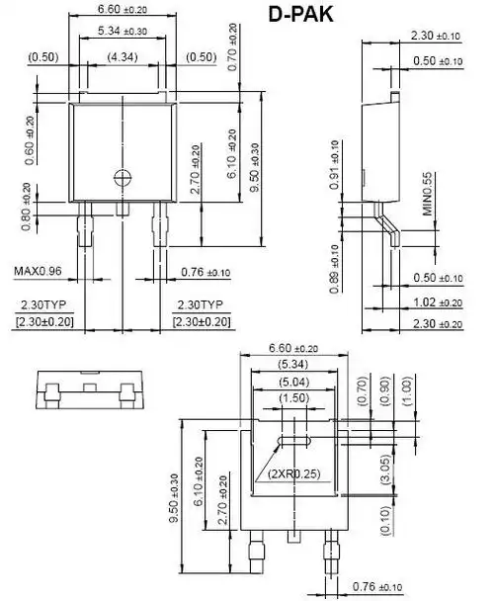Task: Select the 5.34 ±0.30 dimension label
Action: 123,33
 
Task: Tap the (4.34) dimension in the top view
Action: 123,57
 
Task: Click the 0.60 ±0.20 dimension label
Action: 30,138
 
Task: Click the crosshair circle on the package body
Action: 123,178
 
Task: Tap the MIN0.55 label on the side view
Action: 428,194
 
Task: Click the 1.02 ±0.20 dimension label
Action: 436,302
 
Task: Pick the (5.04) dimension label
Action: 292,381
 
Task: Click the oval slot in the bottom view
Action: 293,439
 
